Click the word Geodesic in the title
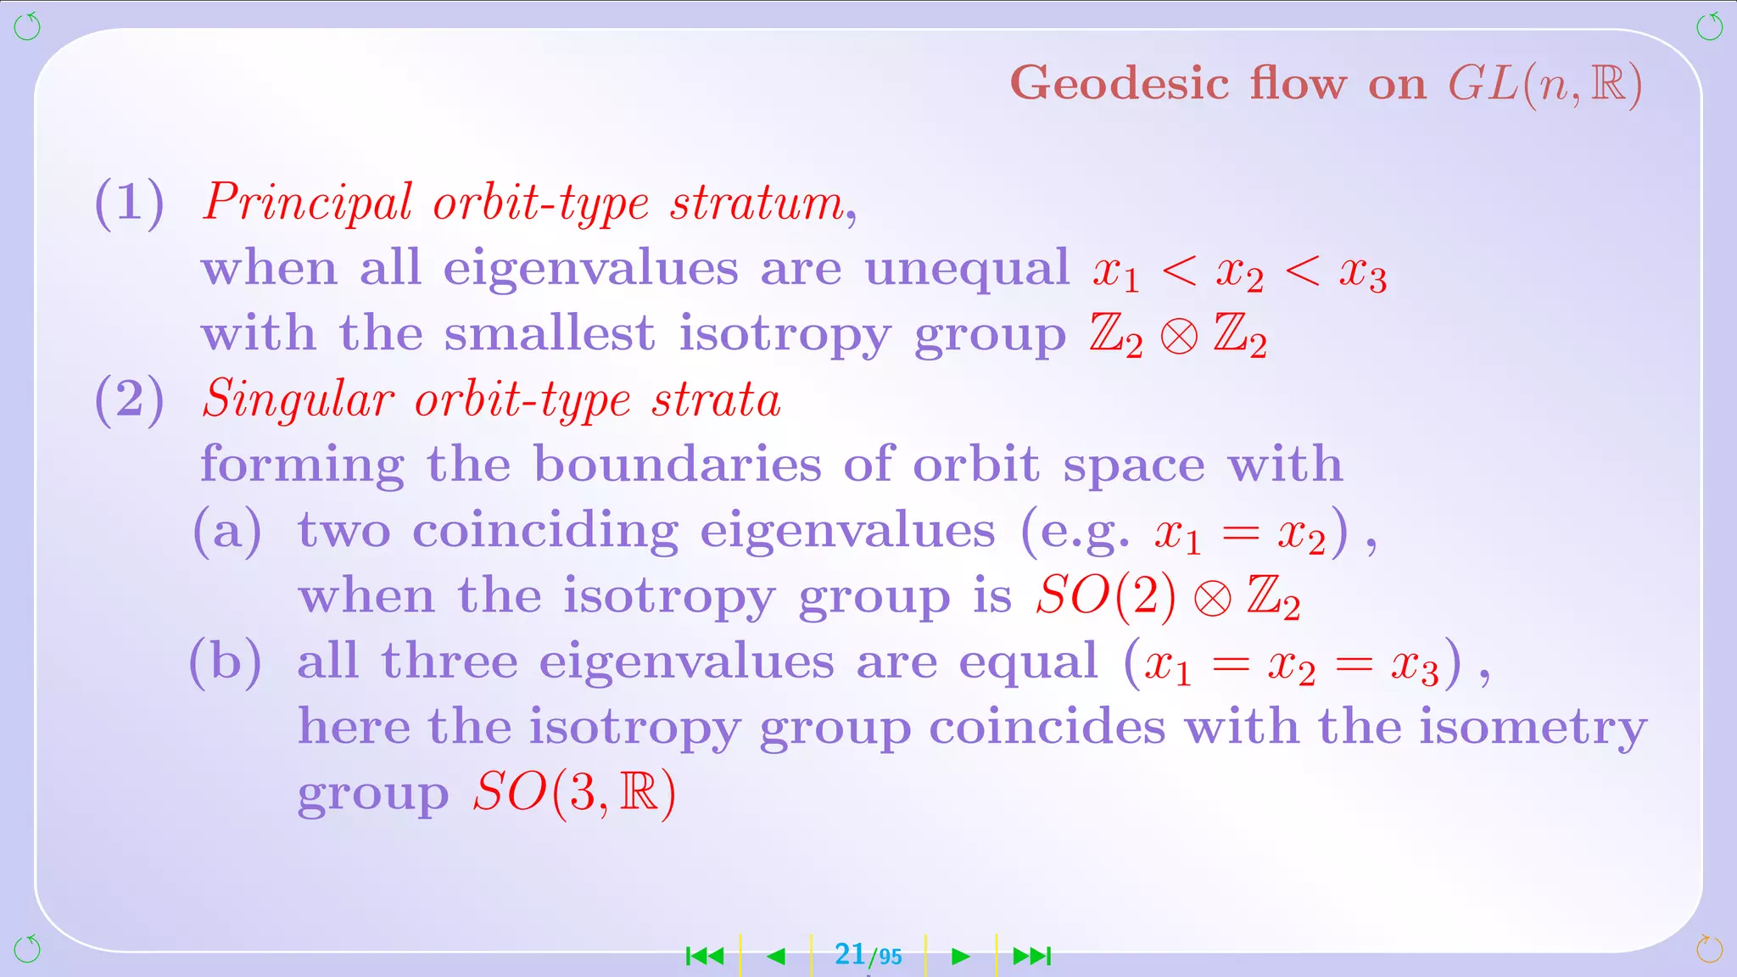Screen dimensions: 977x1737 1120,84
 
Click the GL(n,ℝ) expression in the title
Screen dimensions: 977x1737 1544,85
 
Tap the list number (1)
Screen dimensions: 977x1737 129,204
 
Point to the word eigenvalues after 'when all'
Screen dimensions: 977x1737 590,270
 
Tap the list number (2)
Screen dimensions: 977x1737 129,399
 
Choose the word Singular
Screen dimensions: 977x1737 299,399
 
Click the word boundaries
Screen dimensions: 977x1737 677,465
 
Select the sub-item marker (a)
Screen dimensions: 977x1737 227,532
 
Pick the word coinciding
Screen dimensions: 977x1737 545,532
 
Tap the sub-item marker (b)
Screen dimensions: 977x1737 225,662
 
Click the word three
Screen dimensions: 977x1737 450,662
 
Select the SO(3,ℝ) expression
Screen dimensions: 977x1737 574,793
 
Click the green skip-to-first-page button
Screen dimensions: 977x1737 705,957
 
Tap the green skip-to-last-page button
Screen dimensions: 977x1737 1032,957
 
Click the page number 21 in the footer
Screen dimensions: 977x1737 849,954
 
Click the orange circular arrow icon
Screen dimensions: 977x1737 1709,949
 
